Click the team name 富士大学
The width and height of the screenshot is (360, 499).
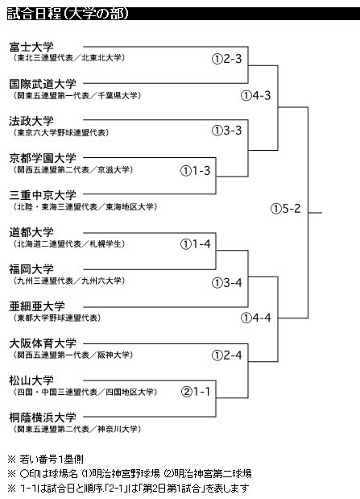pos(31,47)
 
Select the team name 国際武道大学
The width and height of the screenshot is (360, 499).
pos(43,84)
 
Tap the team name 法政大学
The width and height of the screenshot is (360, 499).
pos(31,121)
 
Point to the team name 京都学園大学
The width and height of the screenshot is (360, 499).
pos(43,158)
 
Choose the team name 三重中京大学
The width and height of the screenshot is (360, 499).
pos(43,195)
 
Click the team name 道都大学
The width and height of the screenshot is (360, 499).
pos(31,232)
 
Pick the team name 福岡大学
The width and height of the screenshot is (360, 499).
pos(31,269)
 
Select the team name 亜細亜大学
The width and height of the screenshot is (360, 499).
pos(37,306)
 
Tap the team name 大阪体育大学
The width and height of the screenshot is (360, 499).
pos(43,343)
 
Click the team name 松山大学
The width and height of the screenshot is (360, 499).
pos(31,380)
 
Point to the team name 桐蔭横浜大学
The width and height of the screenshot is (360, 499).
pos(43,418)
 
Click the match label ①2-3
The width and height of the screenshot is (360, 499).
pos(227,59)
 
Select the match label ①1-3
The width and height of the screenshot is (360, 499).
pos(195,171)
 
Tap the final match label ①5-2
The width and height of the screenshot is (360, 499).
pos(286,209)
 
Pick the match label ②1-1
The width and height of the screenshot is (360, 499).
pos(196,392)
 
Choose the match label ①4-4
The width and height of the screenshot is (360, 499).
pos(255,318)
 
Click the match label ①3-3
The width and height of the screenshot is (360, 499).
pos(227,130)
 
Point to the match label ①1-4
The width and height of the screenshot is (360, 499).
pos(195,244)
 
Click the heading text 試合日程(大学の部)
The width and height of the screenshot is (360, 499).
pos(68,14)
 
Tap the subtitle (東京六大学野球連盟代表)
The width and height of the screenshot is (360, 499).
pos(60,133)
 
